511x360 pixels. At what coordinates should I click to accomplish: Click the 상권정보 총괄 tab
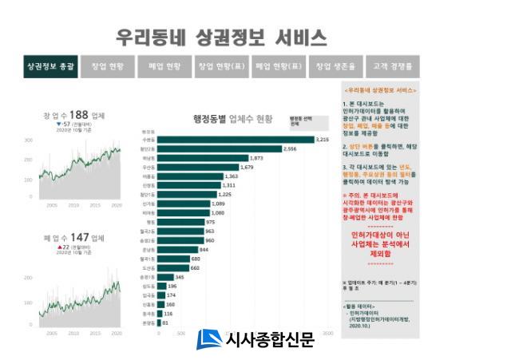[x=50, y=67]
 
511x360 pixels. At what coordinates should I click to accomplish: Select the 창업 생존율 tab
[x=334, y=67]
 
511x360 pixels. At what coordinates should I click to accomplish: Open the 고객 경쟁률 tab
[x=391, y=67]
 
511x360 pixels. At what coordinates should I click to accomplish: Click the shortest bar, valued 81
[x=159, y=323]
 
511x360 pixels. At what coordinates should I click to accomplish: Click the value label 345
[x=180, y=277]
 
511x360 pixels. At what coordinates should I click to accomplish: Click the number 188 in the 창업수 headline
[x=77, y=115]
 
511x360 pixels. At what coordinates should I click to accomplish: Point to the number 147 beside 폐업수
[x=77, y=237]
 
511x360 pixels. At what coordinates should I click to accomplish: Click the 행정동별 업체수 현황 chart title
[x=232, y=119]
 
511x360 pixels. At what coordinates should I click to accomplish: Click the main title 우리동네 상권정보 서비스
[x=221, y=38]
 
